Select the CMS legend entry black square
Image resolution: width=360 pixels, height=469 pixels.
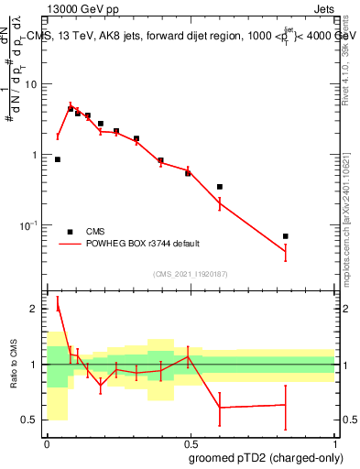pos(70,232)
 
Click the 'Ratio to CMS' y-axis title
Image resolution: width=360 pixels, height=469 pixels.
pos(14,365)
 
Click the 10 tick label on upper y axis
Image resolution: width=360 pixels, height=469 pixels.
pos(34,84)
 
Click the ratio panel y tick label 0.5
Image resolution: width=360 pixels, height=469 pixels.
pos(32,420)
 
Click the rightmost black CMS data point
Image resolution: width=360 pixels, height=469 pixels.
pos(286,236)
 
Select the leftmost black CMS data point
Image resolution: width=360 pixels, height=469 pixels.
pos(58,159)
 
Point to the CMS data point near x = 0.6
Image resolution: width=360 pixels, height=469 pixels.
pos(220,187)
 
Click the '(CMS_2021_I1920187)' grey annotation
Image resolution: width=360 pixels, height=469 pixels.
pos(191,274)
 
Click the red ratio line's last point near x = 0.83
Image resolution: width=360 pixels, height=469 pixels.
pos(286,404)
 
